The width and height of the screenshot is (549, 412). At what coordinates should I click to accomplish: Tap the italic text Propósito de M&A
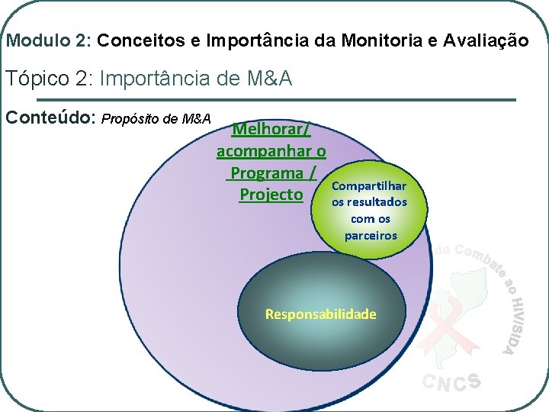pos(156,119)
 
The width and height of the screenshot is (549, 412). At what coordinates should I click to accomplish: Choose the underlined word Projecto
pos(271,194)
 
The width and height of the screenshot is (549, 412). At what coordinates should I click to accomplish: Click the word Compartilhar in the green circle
pos(370,185)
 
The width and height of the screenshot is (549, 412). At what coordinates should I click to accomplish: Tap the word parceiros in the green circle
pos(371,235)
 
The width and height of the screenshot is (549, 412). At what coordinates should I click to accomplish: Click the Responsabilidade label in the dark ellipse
pos(320,314)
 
